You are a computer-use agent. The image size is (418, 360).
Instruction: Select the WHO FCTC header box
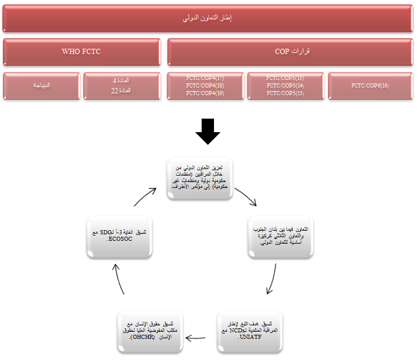pos(81,52)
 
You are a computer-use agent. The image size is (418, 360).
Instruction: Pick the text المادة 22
pos(121,90)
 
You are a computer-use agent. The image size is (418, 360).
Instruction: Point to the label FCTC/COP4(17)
pos(205,78)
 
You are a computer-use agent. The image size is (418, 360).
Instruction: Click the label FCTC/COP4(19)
pos(205,93)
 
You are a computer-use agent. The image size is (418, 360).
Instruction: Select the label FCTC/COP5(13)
pos(285,78)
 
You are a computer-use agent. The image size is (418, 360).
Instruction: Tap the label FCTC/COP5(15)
pos(285,93)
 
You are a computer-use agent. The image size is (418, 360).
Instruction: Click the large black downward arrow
pos(208,132)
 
